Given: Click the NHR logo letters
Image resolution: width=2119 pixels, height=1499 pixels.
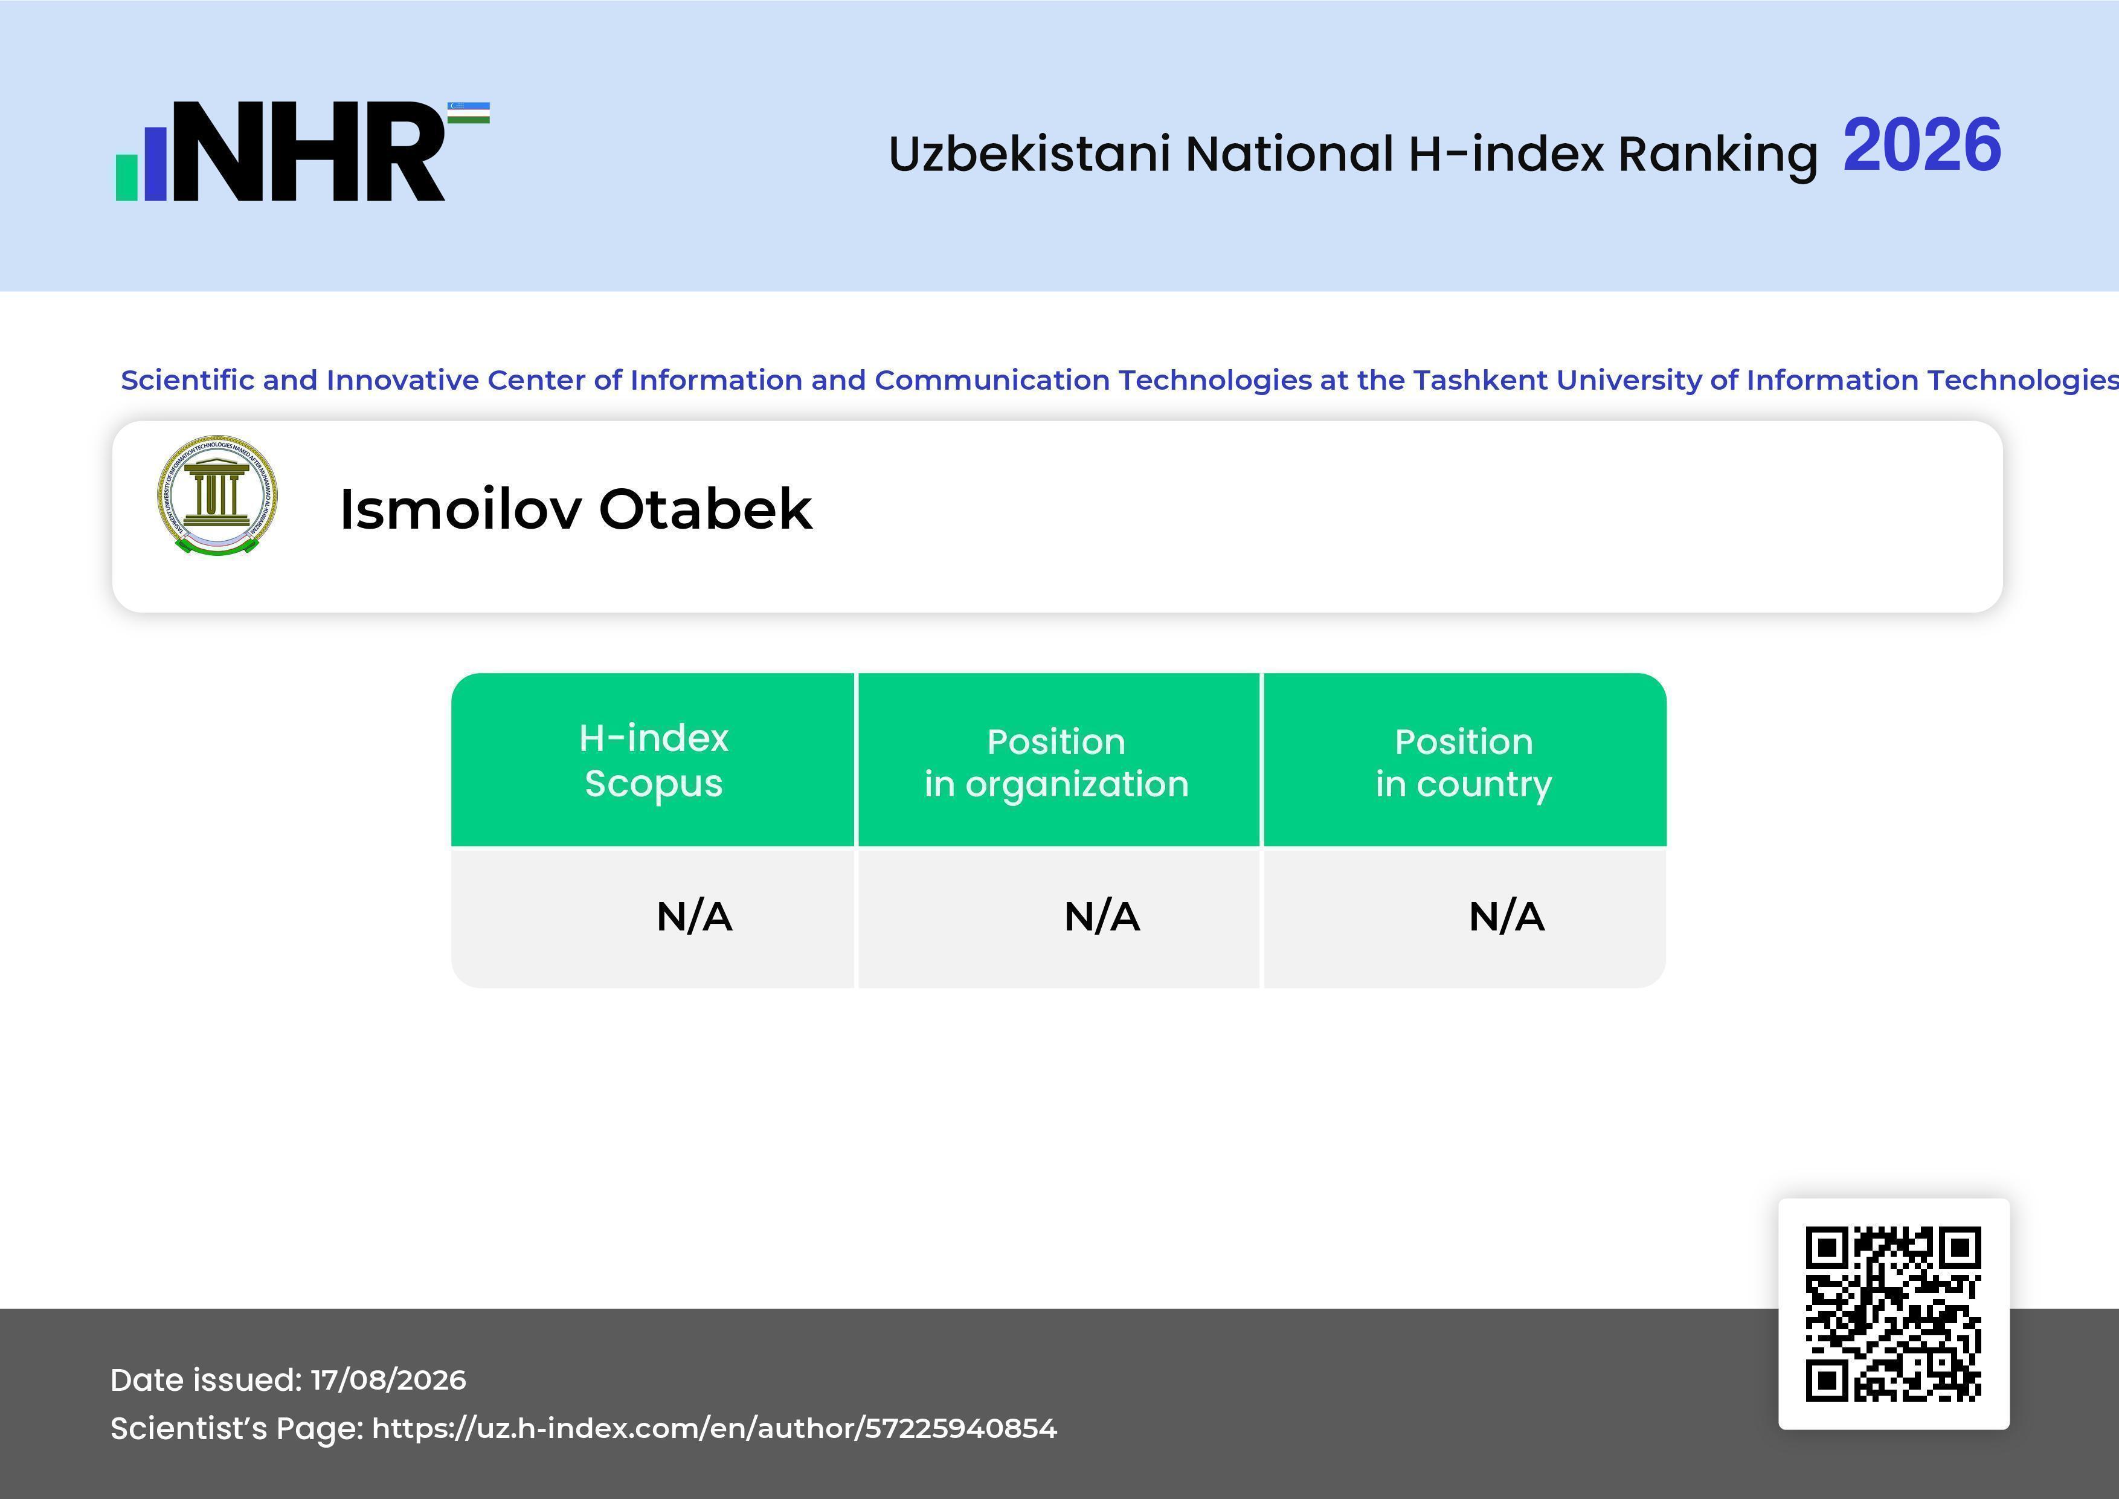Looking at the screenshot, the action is [x=309, y=152].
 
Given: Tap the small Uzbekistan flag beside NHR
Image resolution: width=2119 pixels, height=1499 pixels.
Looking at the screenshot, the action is [x=469, y=112].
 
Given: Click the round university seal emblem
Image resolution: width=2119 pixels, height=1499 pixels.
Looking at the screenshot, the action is [x=218, y=495].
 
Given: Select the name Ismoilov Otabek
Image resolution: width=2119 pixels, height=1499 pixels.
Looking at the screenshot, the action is [x=576, y=509].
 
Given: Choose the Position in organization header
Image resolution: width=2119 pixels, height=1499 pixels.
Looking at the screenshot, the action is [x=1056, y=762].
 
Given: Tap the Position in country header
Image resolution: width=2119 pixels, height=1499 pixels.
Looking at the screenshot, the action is [x=1464, y=762].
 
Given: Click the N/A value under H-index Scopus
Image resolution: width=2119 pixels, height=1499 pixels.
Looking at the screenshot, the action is [x=694, y=917].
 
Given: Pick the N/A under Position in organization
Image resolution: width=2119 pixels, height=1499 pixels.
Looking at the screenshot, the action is [x=1102, y=917].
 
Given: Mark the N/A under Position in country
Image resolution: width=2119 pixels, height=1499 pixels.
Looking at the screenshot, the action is [x=1506, y=917].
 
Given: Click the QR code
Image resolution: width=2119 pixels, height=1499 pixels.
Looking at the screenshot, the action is [x=1894, y=1314].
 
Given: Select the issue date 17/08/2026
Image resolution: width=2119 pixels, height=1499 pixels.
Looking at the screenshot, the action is [x=388, y=1380].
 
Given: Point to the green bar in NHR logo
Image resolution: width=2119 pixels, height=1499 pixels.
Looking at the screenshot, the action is [x=126, y=177].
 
